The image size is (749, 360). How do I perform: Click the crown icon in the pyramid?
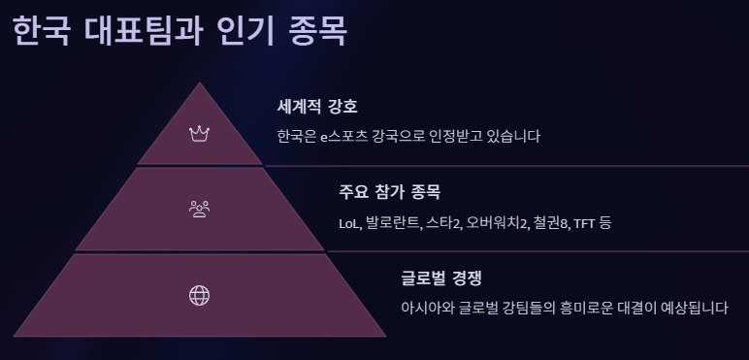200,133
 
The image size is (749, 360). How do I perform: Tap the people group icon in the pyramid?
200,208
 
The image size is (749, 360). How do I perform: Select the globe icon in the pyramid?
200,296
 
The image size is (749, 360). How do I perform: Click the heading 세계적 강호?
317,106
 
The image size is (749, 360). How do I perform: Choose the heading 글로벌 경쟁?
441,278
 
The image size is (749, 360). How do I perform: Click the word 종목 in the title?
318,31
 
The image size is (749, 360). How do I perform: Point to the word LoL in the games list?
349,223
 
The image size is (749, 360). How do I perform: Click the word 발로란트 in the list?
393,223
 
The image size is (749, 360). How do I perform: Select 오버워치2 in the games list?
497,223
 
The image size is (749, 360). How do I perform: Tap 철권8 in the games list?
551,223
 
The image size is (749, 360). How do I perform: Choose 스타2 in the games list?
444,223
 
